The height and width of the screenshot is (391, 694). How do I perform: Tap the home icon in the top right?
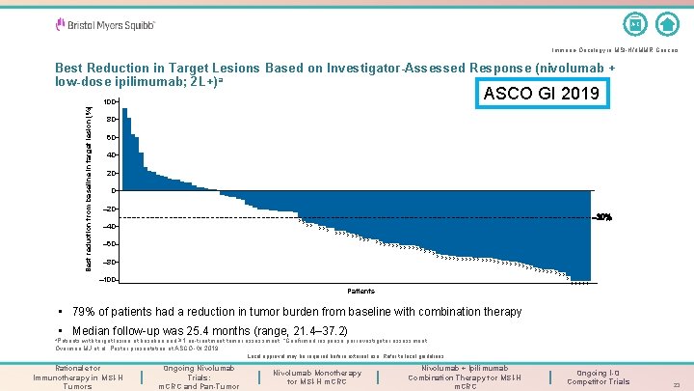click(x=666, y=23)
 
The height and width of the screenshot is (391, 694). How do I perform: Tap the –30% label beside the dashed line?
click(x=602, y=217)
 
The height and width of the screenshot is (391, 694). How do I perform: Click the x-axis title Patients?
click(x=361, y=291)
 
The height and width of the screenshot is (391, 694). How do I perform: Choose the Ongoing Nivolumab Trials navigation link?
click(x=199, y=377)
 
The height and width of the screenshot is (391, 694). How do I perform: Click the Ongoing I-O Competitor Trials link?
click(x=601, y=377)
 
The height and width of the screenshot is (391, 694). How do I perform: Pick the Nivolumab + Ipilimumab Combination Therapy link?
click(x=465, y=377)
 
